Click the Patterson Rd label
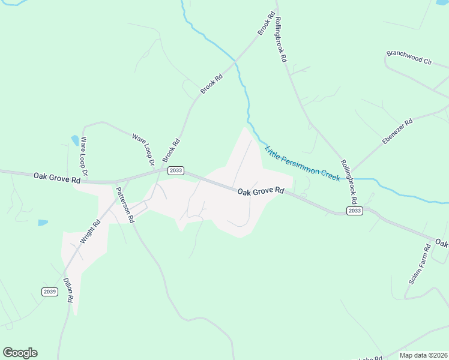point(124,204)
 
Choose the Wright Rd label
point(91,231)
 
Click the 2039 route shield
point(50,292)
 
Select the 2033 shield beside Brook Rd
point(175,170)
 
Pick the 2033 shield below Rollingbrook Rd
point(354,211)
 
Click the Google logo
point(20,353)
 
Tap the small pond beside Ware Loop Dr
point(75,140)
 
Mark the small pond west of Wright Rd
point(43,223)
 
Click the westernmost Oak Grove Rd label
point(57,178)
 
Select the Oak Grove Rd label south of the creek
point(260,191)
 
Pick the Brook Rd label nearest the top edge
point(267,23)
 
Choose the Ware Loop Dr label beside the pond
point(84,156)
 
